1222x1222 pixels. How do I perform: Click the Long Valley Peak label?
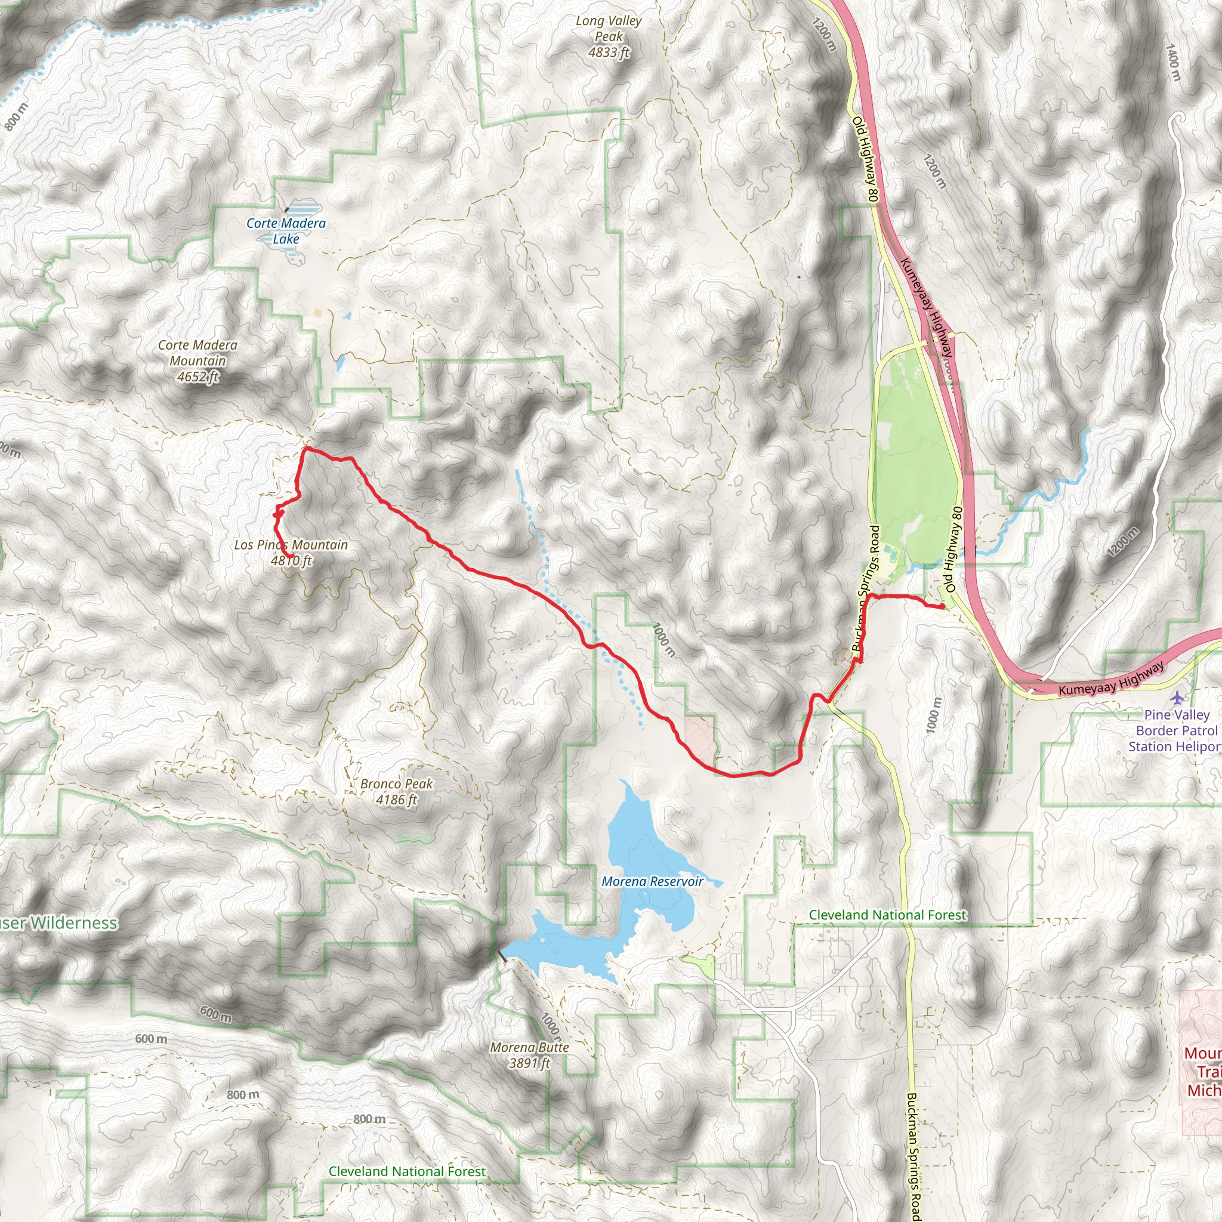[608, 36]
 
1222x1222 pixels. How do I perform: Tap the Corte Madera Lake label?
[286, 231]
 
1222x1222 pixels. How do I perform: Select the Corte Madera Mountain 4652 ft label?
[198, 360]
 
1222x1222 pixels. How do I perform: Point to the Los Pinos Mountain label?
[291, 545]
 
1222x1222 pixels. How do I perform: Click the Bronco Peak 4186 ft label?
[397, 791]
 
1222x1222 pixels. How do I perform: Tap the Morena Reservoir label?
[652, 882]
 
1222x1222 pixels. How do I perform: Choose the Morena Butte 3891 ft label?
[529, 1055]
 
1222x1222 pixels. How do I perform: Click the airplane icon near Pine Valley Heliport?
[1177, 698]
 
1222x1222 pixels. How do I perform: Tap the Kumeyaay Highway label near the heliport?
[1110, 678]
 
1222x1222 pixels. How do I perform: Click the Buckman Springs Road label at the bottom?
[912, 1156]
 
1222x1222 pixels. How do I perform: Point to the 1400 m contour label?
[1173, 62]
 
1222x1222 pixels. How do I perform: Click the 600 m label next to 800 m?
[151, 1039]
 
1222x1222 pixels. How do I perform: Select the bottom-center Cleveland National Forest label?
[407, 1171]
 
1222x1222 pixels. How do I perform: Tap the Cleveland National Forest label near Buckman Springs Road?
[887, 915]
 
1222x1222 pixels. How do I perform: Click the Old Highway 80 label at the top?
[865, 159]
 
